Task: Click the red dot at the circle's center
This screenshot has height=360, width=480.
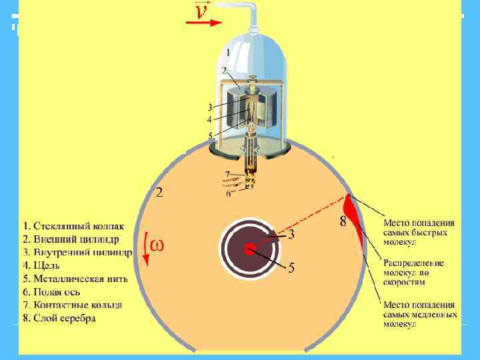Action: (x=249, y=250)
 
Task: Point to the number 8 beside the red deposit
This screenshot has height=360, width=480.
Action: (x=343, y=221)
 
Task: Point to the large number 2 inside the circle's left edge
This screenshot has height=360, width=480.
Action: (x=159, y=193)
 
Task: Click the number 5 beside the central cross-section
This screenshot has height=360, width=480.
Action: (x=291, y=268)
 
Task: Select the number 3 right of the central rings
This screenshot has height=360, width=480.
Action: (x=291, y=235)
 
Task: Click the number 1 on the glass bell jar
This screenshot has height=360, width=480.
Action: (x=228, y=52)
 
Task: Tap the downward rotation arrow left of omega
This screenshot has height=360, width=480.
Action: (x=145, y=246)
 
